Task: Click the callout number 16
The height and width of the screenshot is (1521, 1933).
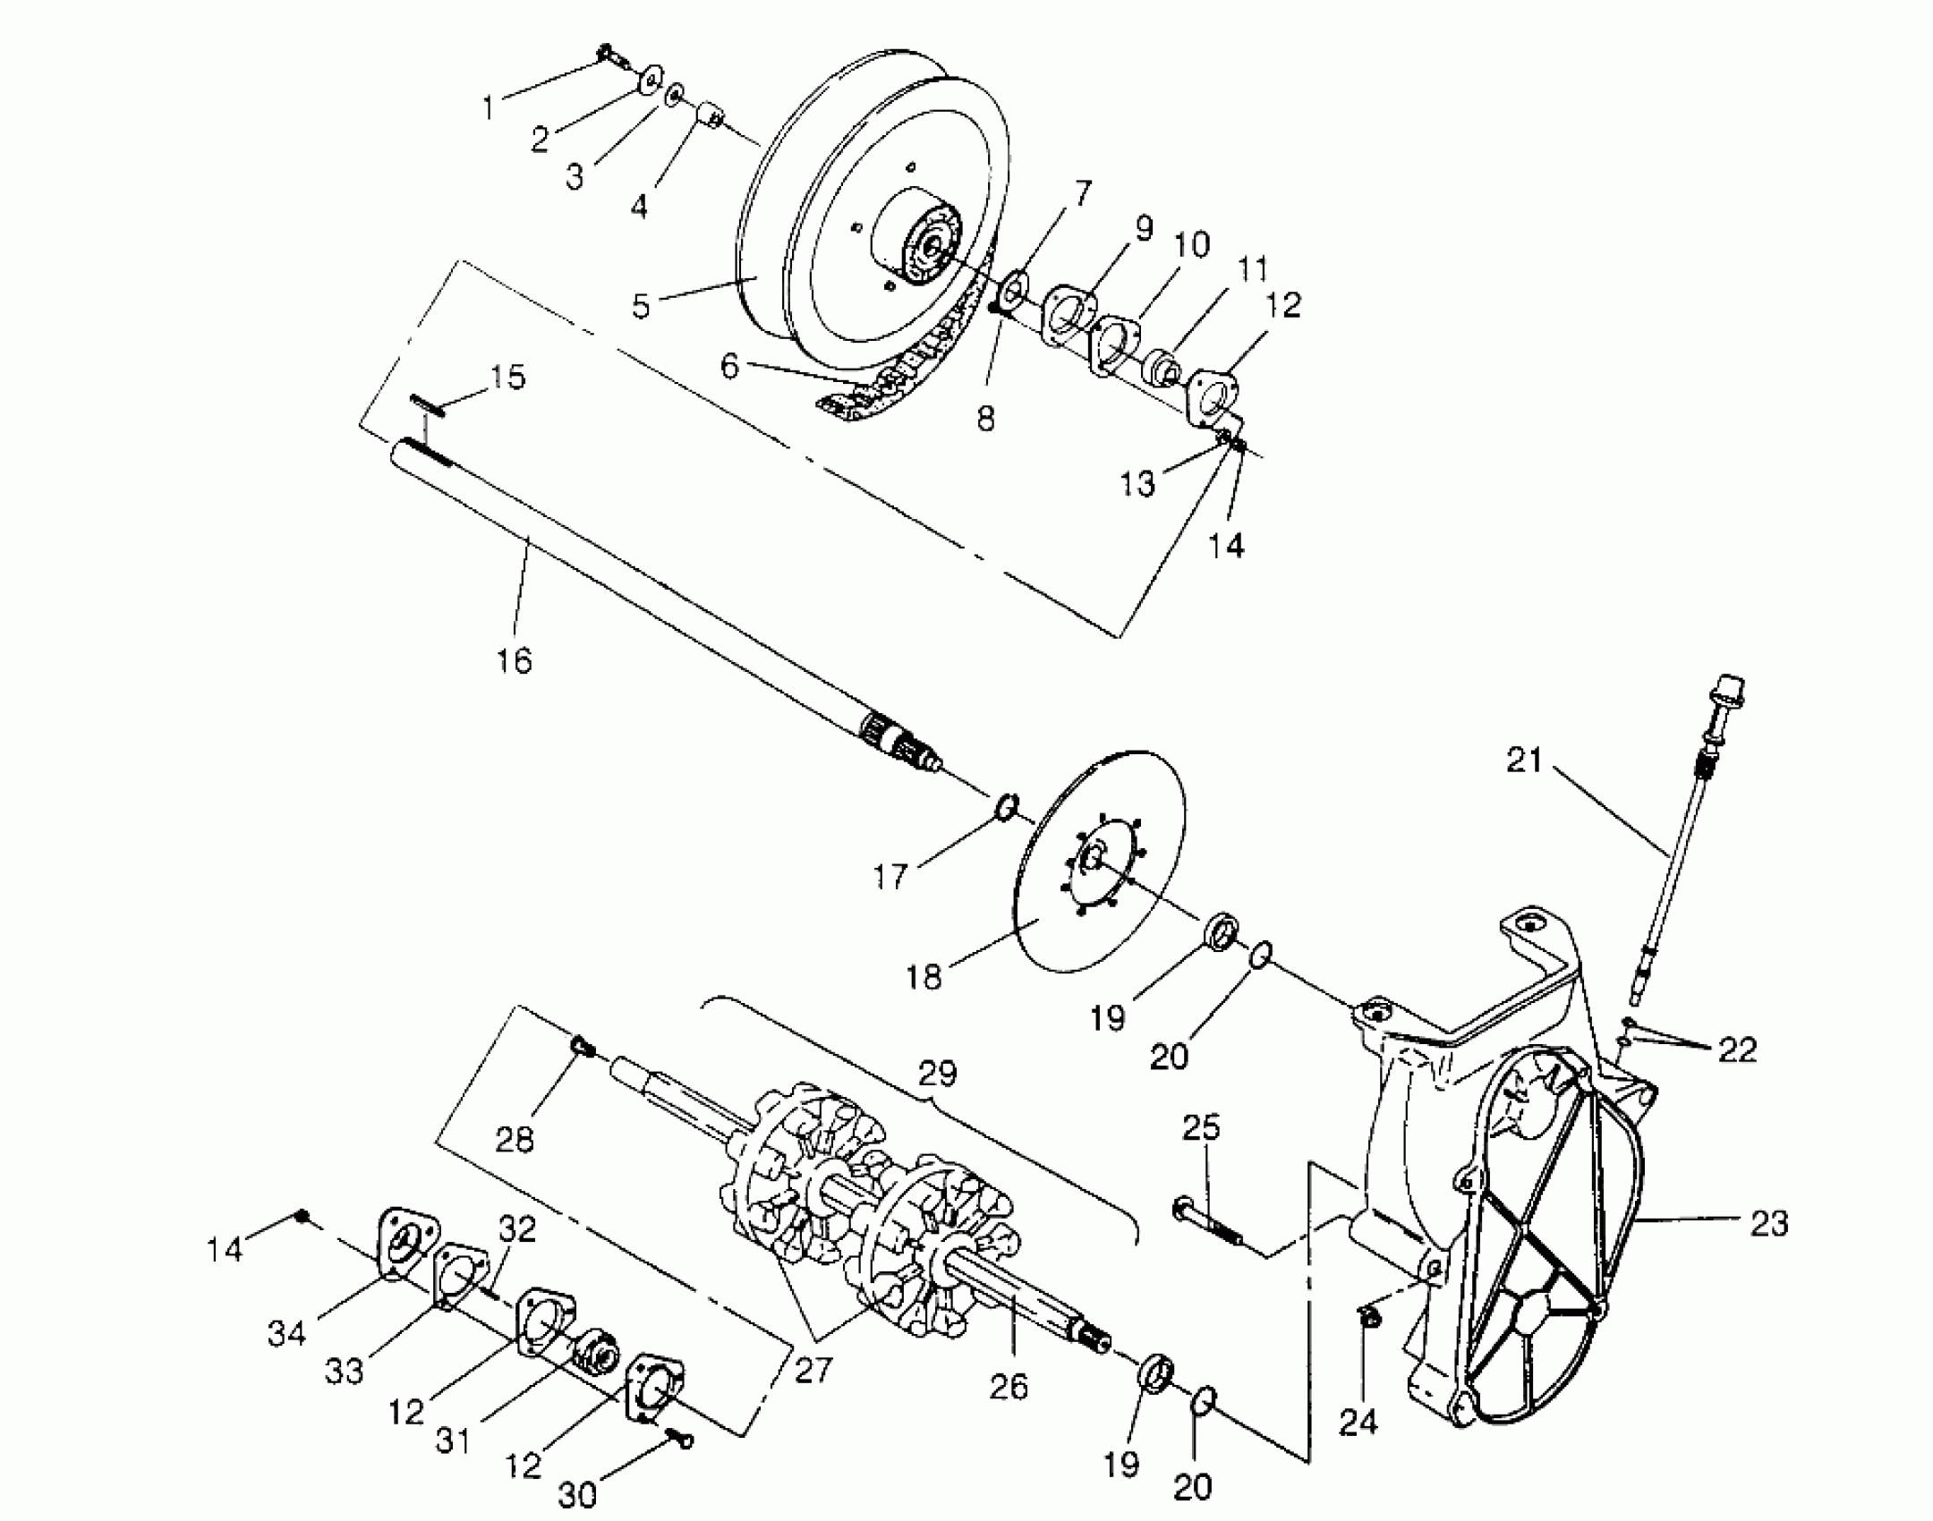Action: click(x=515, y=661)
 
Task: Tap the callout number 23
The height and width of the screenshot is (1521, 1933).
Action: click(x=1768, y=1223)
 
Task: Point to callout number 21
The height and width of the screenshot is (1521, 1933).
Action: click(x=1525, y=760)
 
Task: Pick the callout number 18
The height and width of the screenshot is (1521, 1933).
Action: click(x=924, y=977)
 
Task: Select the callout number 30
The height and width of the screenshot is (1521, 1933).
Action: click(x=577, y=1494)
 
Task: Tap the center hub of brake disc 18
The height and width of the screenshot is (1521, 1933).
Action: click(x=1094, y=857)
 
